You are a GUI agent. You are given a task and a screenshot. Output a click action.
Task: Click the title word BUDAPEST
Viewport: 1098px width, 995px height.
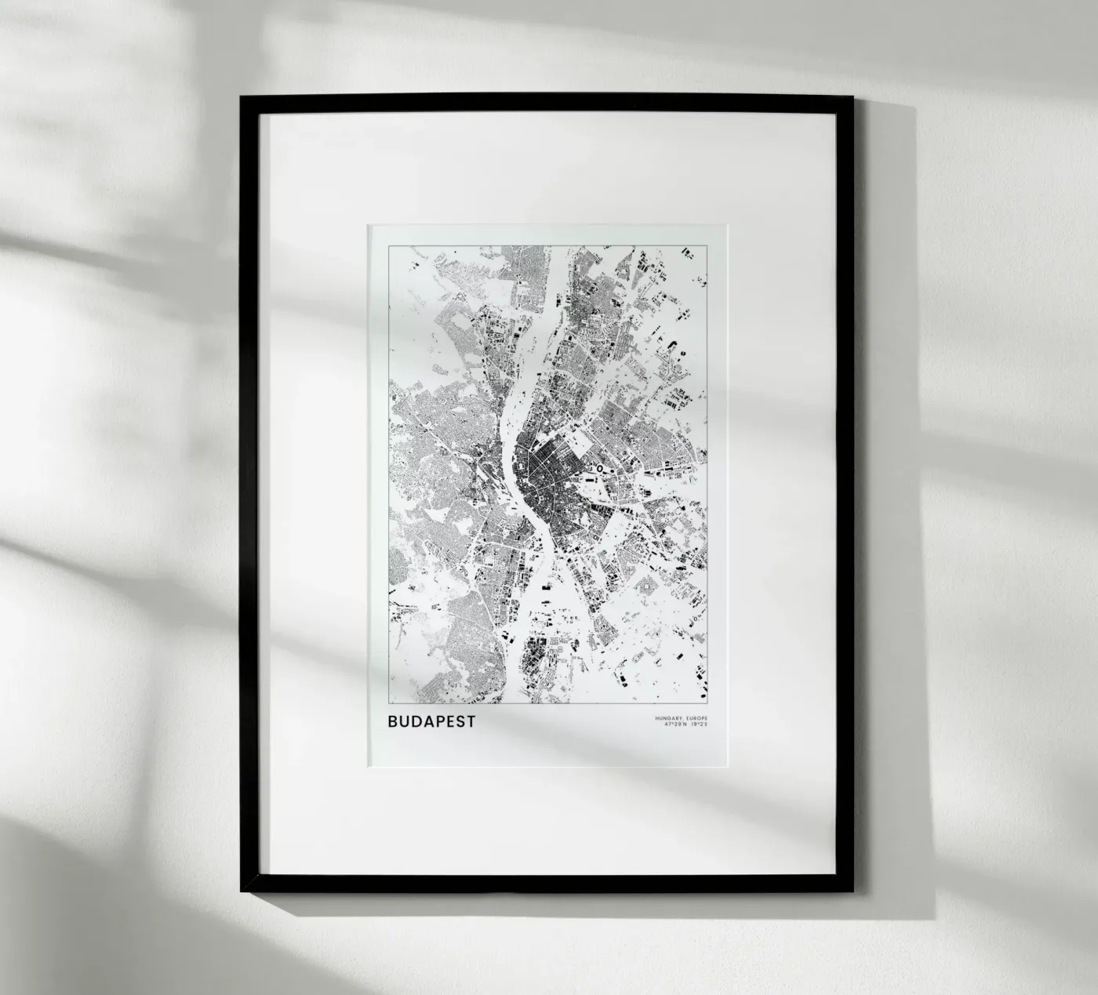[431, 721]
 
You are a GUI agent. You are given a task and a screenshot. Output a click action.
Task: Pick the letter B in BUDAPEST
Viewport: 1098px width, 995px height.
[392, 721]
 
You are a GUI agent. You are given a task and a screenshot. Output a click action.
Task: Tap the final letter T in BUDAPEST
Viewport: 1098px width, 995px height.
[471, 721]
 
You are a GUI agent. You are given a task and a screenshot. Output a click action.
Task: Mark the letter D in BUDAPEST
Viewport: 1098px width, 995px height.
[415, 721]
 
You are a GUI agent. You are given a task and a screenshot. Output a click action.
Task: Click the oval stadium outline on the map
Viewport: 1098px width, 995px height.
[600, 468]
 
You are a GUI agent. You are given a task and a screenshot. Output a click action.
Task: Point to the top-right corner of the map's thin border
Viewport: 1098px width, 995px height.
[707, 245]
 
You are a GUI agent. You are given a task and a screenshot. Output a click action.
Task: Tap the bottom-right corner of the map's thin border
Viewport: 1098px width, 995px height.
[707, 703]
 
